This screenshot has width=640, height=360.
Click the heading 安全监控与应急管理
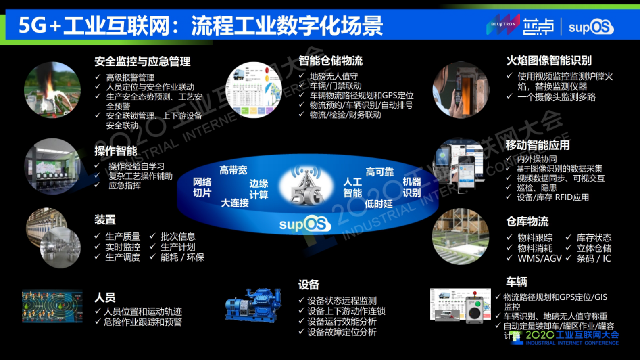[142, 61]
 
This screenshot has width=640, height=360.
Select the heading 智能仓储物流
[330, 61]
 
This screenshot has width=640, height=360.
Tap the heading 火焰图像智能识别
[548, 61]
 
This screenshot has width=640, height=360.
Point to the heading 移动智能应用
[537, 145]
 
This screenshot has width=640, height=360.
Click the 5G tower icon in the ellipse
[306, 186]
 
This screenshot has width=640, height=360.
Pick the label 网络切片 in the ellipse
[202, 187]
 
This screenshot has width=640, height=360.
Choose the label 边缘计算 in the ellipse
[259, 189]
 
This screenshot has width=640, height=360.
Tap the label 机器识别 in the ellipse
[412, 187]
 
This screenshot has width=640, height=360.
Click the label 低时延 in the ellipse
[378, 204]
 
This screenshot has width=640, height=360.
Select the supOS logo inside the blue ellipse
[305, 224]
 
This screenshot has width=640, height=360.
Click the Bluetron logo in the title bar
[503, 25]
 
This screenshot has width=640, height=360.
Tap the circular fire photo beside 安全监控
[52, 90]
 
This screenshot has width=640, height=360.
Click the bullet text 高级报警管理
[130, 77]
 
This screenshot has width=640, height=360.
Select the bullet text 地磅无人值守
[334, 76]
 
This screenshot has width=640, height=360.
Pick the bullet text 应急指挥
[125, 186]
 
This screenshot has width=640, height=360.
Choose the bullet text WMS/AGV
[539, 258]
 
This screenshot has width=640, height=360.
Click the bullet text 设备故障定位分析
[342, 332]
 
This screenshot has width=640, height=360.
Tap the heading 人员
[105, 298]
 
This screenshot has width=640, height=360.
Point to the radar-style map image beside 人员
[52, 307]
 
